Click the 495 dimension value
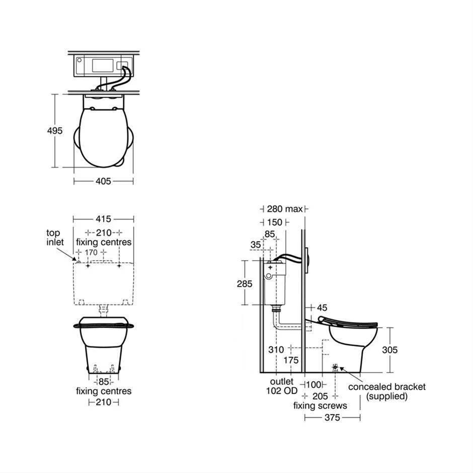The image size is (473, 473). pyautogui.click(x=55, y=131)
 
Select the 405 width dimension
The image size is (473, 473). pyautogui.click(x=103, y=181)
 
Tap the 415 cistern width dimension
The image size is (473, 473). pyautogui.click(x=103, y=219)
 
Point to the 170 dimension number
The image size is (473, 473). pyautogui.click(x=91, y=252)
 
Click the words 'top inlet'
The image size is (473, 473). pyautogui.click(x=55, y=238)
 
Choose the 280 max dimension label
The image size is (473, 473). pyautogui.click(x=284, y=209)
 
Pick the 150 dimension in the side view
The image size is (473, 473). pyautogui.click(x=275, y=222)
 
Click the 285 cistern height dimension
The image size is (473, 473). pyautogui.click(x=245, y=284)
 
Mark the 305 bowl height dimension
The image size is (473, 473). pyautogui.click(x=390, y=350)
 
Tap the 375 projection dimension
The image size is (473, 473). pyautogui.click(x=332, y=418)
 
